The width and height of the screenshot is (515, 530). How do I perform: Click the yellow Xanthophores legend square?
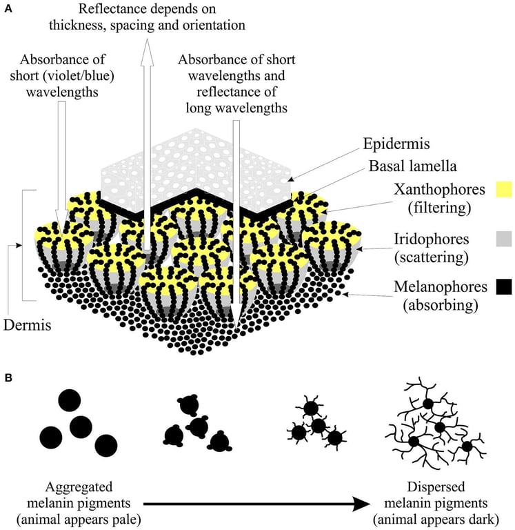coord(504,189)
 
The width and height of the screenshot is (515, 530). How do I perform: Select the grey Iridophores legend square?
coord(504,239)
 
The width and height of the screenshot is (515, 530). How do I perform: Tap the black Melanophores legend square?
coord(504,286)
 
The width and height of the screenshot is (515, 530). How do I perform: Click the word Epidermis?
coord(396,144)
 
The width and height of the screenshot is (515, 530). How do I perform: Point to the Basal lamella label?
coord(412,166)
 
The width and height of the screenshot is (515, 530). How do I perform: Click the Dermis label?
coord(28,325)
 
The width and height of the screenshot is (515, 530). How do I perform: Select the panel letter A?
coord(8,8)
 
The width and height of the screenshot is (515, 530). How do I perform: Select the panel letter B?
coord(8,377)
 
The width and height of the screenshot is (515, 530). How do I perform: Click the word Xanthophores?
coord(439,190)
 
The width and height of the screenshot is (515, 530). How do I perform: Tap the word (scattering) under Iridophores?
coord(432,257)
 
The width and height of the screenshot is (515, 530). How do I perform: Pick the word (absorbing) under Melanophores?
coord(441,305)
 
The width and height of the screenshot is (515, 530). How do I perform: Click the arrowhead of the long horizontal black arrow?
coord(362,504)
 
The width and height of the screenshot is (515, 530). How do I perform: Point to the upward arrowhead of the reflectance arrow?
coord(147,52)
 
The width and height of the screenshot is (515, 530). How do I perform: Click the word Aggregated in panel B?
coord(79,487)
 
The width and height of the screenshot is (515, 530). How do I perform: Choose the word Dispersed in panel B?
coord(436,487)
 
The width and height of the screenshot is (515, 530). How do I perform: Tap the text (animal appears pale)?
coord(79,519)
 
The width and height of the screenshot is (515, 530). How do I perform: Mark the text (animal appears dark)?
coord(436,519)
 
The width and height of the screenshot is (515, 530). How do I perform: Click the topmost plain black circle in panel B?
coord(70,400)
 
